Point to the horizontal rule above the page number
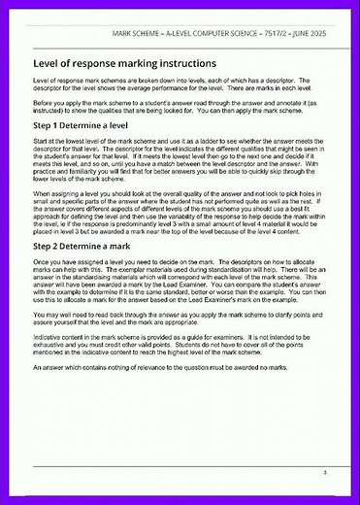tap(180, 463)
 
